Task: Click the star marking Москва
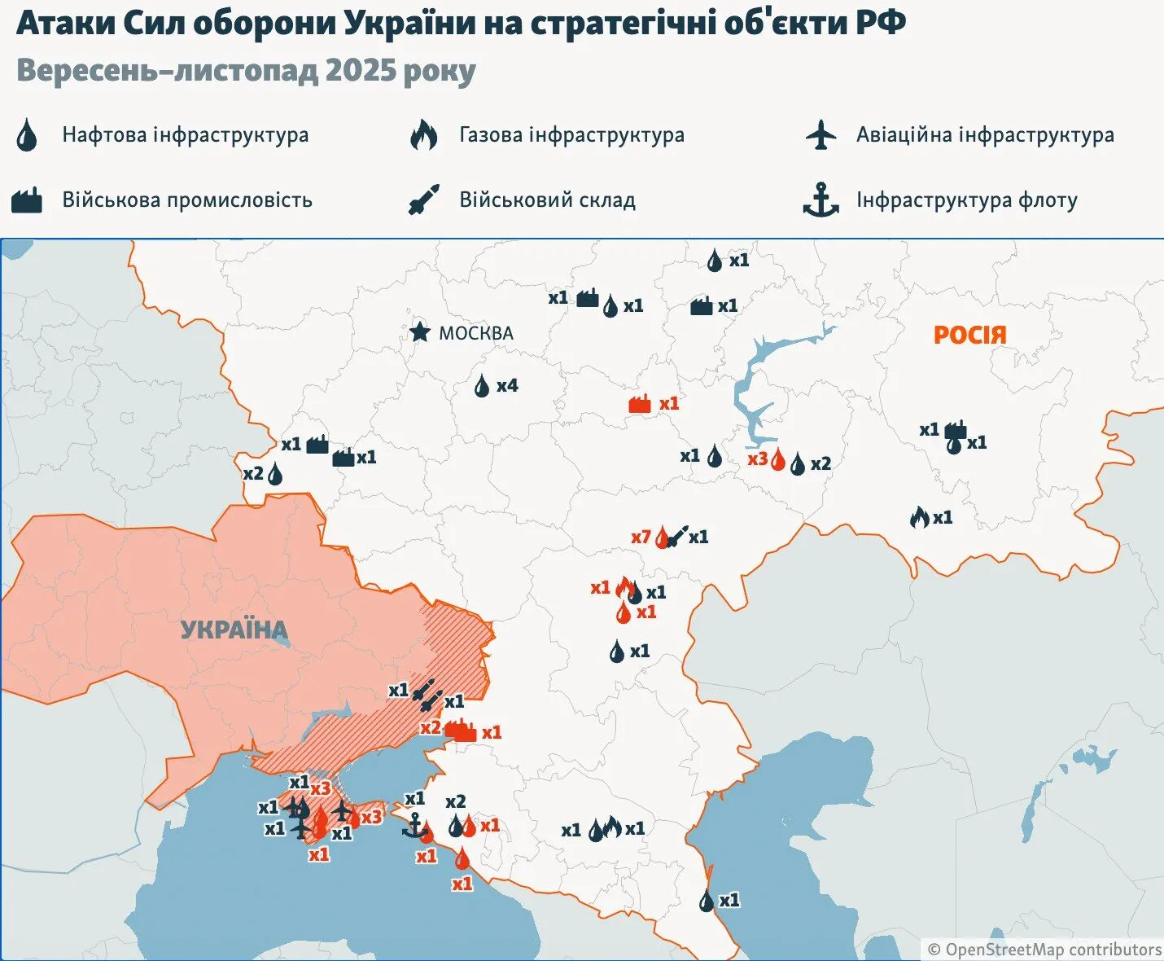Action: pyautogui.click(x=419, y=331)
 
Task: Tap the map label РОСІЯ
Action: pyautogui.click(x=969, y=335)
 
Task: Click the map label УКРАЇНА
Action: pyautogui.click(x=234, y=630)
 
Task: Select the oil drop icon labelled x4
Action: pyautogui.click(x=483, y=386)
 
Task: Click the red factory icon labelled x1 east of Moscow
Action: pyautogui.click(x=641, y=404)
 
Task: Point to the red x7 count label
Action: pyautogui.click(x=641, y=537)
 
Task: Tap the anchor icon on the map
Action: pyautogui.click(x=414, y=826)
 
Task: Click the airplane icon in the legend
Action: pyautogui.click(x=821, y=135)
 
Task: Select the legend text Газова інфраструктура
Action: pyautogui.click(x=571, y=135)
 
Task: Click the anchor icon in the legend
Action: pyautogui.click(x=820, y=200)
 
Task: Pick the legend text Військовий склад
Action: pyautogui.click(x=547, y=200)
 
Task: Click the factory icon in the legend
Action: pyautogui.click(x=27, y=200)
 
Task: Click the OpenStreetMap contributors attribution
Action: pyautogui.click(x=1044, y=950)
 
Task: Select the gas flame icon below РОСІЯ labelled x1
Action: pyautogui.click(x=919, y=517)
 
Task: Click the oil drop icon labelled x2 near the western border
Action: pyautogui.click(x=275, y=474)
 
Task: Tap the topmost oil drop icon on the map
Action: pyautogui.click(x=715, y=261)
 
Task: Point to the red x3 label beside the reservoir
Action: pyautogui.click(x=757, y=459)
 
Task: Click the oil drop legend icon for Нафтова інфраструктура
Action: pyautogui.click(x=27, y=135)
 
